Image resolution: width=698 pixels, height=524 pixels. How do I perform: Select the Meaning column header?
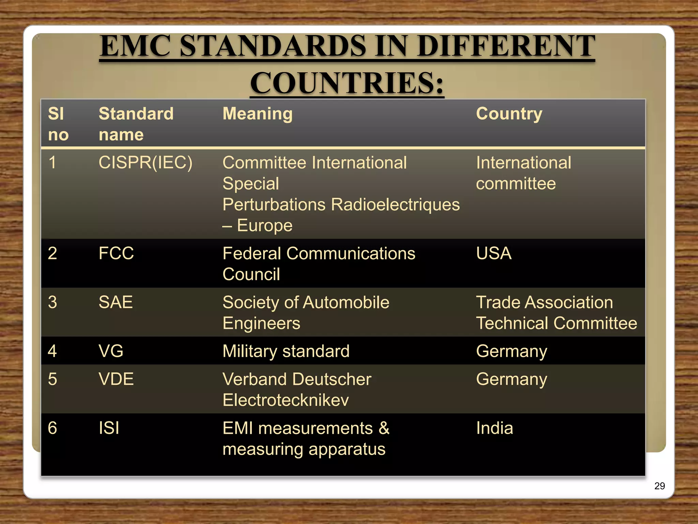[x=257, y=114]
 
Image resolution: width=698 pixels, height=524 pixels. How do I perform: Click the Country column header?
[x=509, y=114]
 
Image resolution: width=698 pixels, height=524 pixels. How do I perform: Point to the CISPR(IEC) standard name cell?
[x=145, y=162]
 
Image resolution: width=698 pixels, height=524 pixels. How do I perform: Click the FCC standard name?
[x=116, y=253]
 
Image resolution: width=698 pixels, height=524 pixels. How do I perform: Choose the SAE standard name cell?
[x=116, y=302]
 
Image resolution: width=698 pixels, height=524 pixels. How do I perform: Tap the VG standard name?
[x=111, y=351]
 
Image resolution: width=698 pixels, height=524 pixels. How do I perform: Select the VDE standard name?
[x=116, y=379]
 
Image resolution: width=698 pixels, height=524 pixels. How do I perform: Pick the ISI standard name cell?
[x=109, y=428]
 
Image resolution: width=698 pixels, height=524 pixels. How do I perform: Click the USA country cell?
[x=494, y=253]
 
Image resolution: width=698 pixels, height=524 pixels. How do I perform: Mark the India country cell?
[x=494, y=428]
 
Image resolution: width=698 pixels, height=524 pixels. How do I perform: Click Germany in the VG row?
[x=511, y=351]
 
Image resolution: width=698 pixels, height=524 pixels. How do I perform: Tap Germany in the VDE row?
[x=511, y=379]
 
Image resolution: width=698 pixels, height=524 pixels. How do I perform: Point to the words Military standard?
[x=286, y=351]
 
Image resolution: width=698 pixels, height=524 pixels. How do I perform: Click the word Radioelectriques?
[x=395, y=205]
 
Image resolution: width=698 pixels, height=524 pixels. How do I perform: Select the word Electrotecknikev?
[x=286, y=400]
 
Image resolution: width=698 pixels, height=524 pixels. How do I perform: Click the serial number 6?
[x=52, y=428]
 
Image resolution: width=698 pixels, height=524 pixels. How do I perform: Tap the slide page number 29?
[x=659, y=486]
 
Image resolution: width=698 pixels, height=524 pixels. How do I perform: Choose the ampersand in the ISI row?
[x=384, y=428]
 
